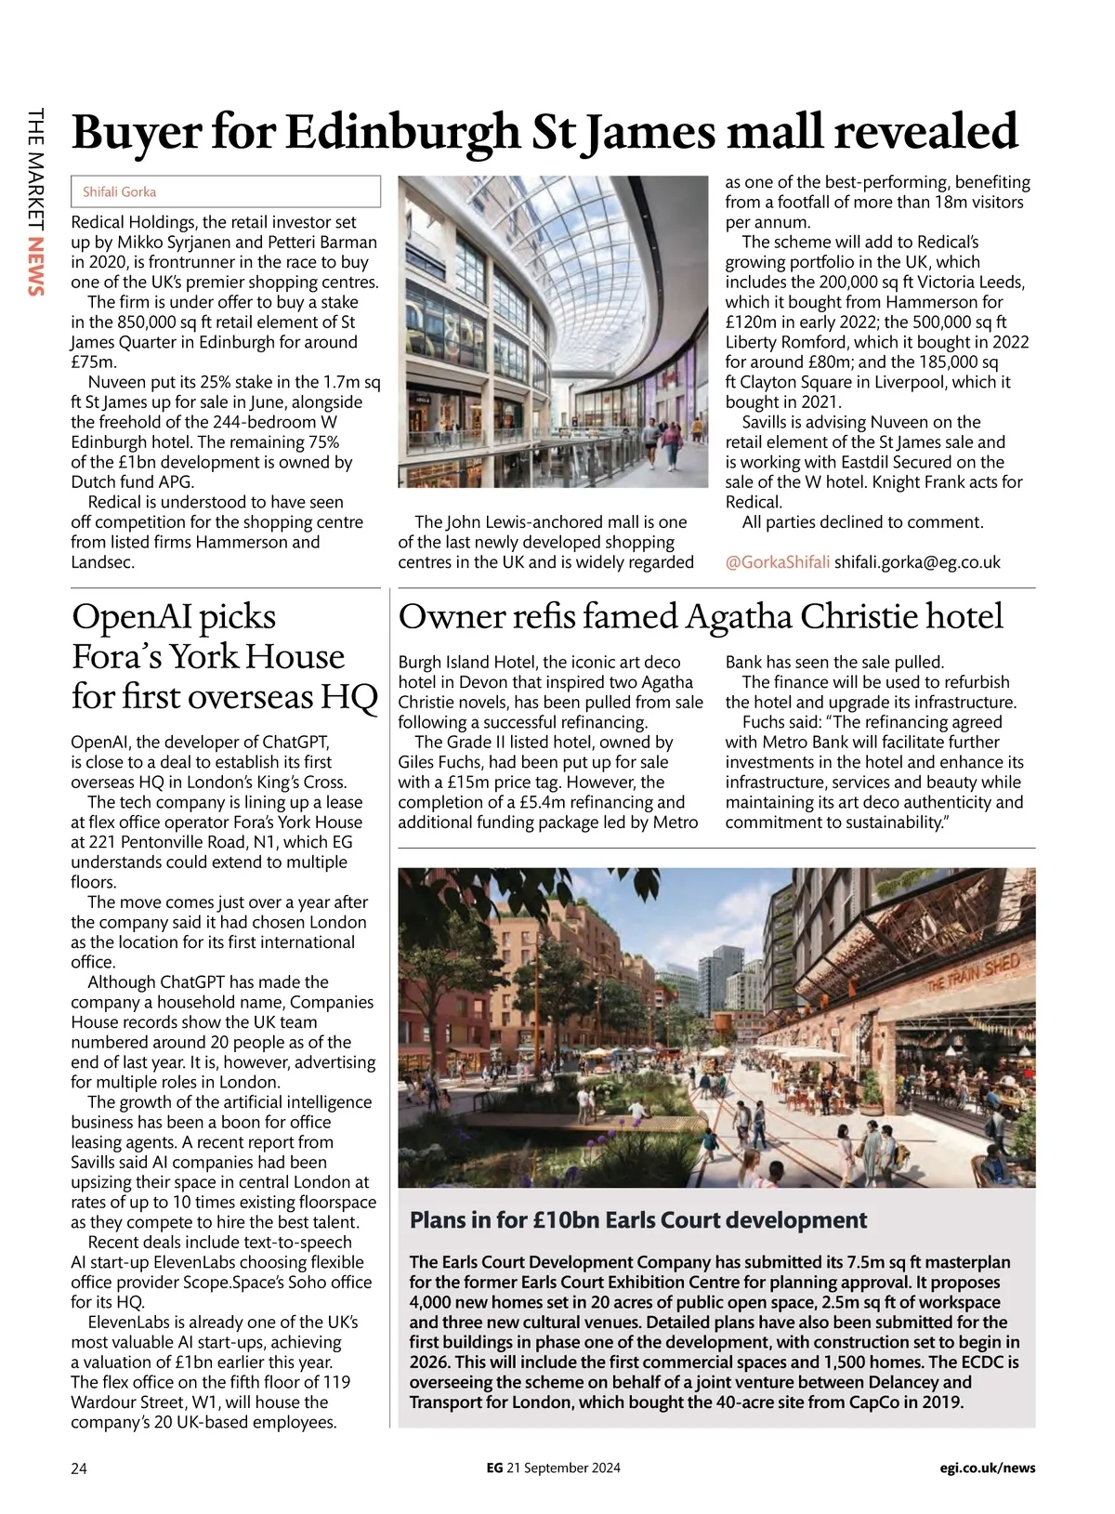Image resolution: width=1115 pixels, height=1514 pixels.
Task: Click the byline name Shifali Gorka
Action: (x=119, y=192)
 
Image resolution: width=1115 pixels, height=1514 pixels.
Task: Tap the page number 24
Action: (x=79, y=1468)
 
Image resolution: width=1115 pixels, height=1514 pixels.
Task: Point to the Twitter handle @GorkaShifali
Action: (x=777, y=562)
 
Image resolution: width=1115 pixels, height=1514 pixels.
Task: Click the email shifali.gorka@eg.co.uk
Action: (x=917, y=562)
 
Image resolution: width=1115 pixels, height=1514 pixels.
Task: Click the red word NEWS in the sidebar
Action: (x=36, y=267)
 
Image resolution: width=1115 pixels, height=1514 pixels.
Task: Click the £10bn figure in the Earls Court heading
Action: (x=566, y=1220)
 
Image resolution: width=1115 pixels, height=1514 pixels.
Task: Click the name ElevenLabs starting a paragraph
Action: (x=129, y=1323)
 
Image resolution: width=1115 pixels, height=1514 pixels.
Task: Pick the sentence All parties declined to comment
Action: (x=862, y=522)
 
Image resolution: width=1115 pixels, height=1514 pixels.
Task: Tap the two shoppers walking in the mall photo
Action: (x=662, y=443)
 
